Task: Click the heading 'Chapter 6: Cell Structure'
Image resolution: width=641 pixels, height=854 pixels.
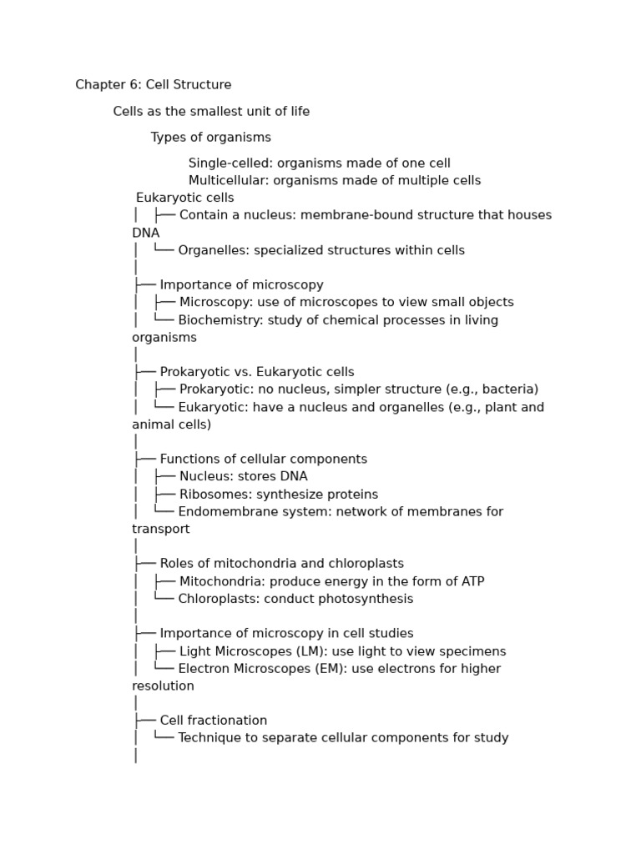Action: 154,85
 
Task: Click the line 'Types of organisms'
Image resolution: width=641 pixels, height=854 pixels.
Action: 210,138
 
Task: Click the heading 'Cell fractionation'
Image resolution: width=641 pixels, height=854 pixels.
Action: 214,721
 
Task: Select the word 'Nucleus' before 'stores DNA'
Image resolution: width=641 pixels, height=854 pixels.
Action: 205,477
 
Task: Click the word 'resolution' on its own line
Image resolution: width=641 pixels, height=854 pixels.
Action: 163,686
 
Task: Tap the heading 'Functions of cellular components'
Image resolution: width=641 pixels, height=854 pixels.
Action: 263,460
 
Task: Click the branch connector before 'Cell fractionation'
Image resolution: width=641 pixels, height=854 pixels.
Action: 144,721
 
